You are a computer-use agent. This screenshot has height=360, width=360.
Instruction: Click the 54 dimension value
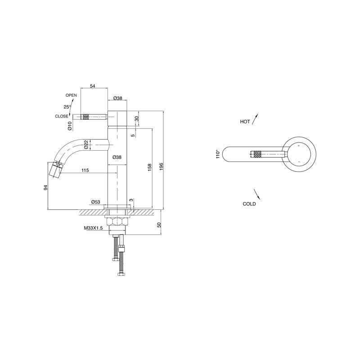pos(93,85)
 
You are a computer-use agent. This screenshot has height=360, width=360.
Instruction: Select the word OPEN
pos(71,95)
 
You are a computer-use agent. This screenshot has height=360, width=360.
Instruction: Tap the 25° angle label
pos(67,107)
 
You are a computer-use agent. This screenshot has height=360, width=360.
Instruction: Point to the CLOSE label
pos(62,116)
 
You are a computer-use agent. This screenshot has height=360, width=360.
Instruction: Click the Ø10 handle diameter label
pos(70,126)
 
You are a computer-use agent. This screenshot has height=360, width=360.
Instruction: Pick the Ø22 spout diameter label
pos(85,144)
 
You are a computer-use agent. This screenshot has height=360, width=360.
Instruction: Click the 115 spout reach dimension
pos(85,170)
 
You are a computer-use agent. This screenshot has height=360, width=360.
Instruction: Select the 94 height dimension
pos(46,187)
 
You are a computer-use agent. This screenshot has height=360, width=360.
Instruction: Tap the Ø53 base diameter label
pos(95,202)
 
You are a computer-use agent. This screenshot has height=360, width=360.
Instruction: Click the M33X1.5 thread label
pos(94,228)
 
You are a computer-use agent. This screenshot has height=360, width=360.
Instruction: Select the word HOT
pos(245,122)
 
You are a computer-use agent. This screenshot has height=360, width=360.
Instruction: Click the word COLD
pos(249,204)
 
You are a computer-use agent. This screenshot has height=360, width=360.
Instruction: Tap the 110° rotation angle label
pos(218,154)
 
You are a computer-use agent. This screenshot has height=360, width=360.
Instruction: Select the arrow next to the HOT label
pos(256,118)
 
